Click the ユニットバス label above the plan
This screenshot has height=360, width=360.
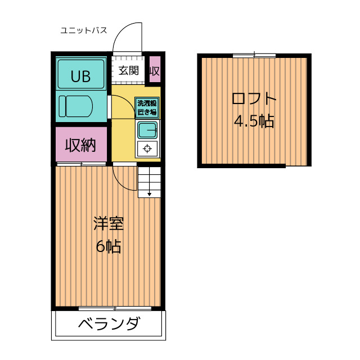[84, 30]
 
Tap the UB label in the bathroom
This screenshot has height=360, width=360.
[80, 76]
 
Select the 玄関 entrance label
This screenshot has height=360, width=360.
[129, 70]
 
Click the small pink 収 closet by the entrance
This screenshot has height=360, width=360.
[155, 69]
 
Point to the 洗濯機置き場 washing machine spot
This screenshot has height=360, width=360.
[147, 107]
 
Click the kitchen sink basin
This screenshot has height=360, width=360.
[147, 130]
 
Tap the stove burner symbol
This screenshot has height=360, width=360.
[147, 148]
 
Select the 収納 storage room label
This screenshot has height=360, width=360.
[80, 145]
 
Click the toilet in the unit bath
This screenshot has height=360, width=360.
[75, 106]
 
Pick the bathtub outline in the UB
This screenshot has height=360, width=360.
[81, 74]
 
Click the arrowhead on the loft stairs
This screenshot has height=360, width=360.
[150, 194]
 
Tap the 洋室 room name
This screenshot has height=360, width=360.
[109, 223]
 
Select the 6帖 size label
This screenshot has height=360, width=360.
[109, 246]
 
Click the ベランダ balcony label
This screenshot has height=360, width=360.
[109, 323]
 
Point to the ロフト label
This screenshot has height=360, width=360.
[254, 98]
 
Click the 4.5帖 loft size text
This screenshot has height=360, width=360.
[254, 121]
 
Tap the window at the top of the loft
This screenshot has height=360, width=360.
[254, 55]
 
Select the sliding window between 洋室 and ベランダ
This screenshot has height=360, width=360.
[115, 308]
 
